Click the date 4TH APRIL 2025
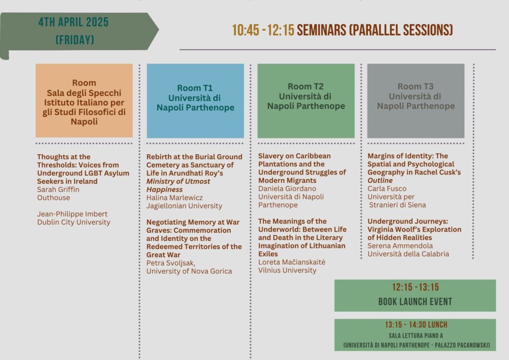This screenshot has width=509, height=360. (74, 22)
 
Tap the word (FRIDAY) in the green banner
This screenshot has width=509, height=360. (75, 40)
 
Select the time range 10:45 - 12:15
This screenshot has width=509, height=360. (263, 30)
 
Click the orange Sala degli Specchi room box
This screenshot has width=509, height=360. (84, 100)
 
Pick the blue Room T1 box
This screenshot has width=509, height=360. (195, 100)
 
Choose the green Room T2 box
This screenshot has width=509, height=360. (306, 100)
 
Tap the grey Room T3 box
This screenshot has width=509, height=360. (416, 100)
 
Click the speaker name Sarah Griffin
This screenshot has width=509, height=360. (58, 189)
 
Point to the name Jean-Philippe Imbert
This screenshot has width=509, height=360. (72, 214)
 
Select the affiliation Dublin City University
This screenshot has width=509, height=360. (74, 222)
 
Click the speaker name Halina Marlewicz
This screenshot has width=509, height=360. (174, 198)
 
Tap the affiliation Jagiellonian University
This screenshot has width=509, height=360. (184, 206)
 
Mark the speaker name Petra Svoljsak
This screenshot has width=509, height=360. (171, 263)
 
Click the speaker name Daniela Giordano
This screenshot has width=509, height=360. (287, 188)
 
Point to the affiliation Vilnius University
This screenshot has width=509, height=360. (287, 270)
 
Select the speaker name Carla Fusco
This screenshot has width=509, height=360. (387, 188)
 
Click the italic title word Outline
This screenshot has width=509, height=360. (380, 180)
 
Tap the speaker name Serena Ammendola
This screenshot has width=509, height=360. (400, 246)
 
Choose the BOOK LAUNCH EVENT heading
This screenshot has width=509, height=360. (415, 301)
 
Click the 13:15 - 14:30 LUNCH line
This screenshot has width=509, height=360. (416, 325)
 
